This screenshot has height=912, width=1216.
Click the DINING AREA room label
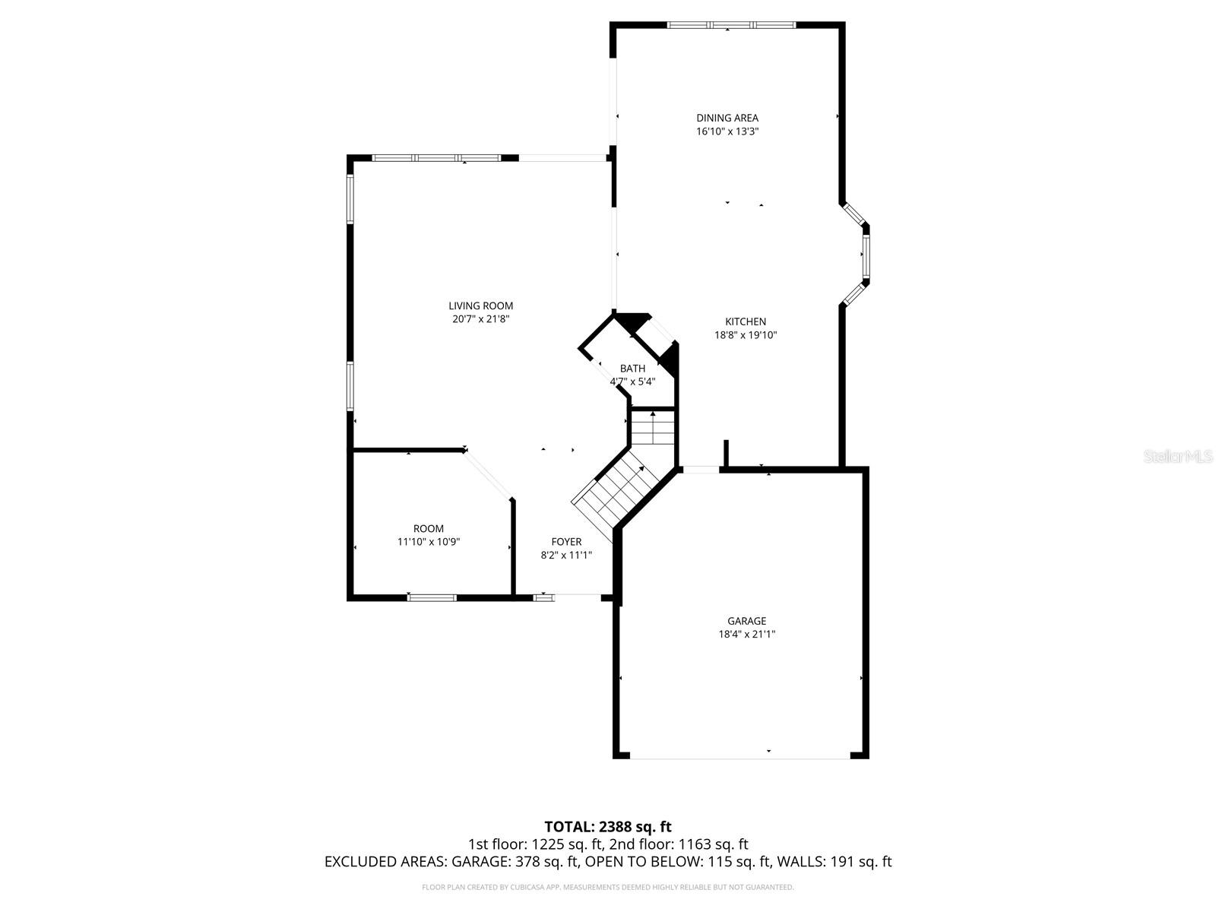coord(727,118)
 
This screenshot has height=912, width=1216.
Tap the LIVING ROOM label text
coord(480,306)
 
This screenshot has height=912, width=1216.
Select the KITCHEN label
coord(745,321)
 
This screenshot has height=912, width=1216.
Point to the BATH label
coord(632,369)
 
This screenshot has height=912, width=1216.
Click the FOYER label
coord(566,542)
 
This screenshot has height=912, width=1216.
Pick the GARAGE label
coord(746,621)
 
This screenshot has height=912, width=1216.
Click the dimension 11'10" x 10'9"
coord(429,542)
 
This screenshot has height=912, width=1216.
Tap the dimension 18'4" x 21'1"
coord(746,634)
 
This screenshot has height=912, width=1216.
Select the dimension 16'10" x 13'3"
coord(727,131)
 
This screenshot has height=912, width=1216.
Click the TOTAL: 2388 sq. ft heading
coord(608,826)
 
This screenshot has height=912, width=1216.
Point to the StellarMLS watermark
coord(1178,456)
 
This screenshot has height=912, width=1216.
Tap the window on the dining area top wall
coord(731,25)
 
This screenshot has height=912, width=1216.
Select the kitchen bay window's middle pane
coord(866,255)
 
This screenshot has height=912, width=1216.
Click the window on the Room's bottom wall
coord(432,597)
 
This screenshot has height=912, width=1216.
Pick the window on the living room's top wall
coord(436,158)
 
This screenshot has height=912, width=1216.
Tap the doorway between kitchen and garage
coord(700,470)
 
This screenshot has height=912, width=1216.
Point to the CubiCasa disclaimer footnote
coord(608,887)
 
